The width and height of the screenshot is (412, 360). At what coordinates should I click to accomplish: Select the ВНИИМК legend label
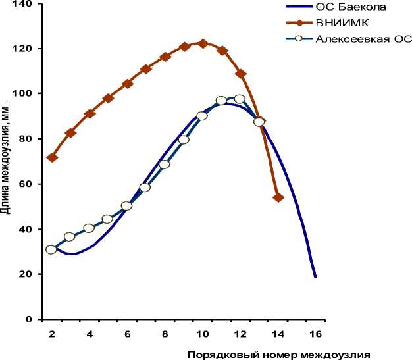coord(343,23)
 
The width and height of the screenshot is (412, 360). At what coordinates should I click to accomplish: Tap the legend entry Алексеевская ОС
coord(364,39)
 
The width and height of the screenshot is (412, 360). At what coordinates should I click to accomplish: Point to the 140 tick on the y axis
coord(24,4)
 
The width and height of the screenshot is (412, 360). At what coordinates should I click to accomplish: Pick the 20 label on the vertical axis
coord(26,274)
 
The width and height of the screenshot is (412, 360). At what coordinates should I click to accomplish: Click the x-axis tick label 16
coord(316,333)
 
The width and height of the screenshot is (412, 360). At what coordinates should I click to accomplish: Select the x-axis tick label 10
coord(203,333)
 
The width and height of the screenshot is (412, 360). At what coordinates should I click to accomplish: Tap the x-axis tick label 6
coord(127,333)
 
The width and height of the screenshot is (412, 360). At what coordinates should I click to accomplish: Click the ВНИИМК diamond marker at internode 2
coord(52,157)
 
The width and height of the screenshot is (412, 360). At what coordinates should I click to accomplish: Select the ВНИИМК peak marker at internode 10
coord(203,43)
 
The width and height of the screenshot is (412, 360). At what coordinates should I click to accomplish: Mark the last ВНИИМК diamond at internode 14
coord(278,197)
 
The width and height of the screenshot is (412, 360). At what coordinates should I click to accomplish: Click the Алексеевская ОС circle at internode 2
coord(51,249)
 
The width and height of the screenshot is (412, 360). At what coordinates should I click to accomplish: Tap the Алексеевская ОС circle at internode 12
coord(240,99)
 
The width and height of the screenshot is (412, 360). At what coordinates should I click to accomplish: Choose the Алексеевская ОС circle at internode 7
coord(145,188)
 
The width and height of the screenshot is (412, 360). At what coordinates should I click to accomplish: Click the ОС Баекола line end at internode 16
coord(316,277)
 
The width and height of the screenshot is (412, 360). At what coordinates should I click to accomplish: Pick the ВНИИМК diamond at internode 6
coord(128,84)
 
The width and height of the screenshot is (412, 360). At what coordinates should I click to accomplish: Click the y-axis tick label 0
coord(29,320)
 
